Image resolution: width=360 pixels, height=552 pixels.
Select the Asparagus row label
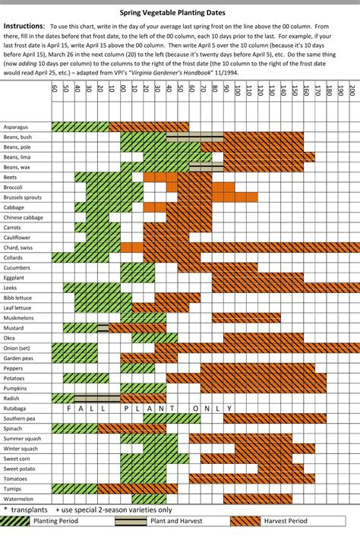(x=16, y=127)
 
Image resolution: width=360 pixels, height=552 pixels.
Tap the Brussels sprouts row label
(x=23, y=197)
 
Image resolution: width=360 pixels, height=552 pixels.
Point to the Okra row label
(x=9, y=338)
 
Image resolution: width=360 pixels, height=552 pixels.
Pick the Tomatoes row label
(x=15, y=479)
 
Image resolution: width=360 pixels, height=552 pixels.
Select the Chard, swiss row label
(x=18, y=248)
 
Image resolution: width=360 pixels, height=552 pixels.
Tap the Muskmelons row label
(x=19, y=317)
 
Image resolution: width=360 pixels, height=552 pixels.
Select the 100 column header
(x=238, y=91)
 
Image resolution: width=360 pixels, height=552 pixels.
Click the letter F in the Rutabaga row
(x=69, y=408)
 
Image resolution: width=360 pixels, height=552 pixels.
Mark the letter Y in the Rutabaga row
(x=229, y=408)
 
